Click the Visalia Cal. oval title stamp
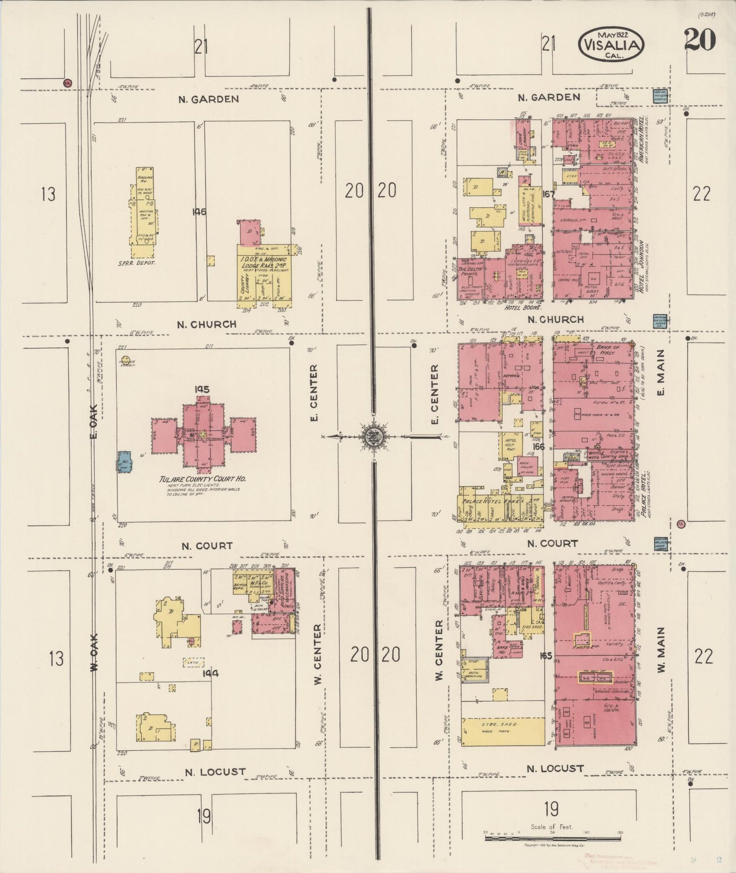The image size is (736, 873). pos(611,45)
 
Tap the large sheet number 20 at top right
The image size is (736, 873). pos(700,39)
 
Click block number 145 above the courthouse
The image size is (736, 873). pos(202,390)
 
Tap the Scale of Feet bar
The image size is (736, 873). pos(552,837)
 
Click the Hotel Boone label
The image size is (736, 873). pos(522,308)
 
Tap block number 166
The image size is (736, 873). pos(538,447)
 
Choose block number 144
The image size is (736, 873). pos(210,673)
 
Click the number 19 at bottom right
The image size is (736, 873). pos(551,808)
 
